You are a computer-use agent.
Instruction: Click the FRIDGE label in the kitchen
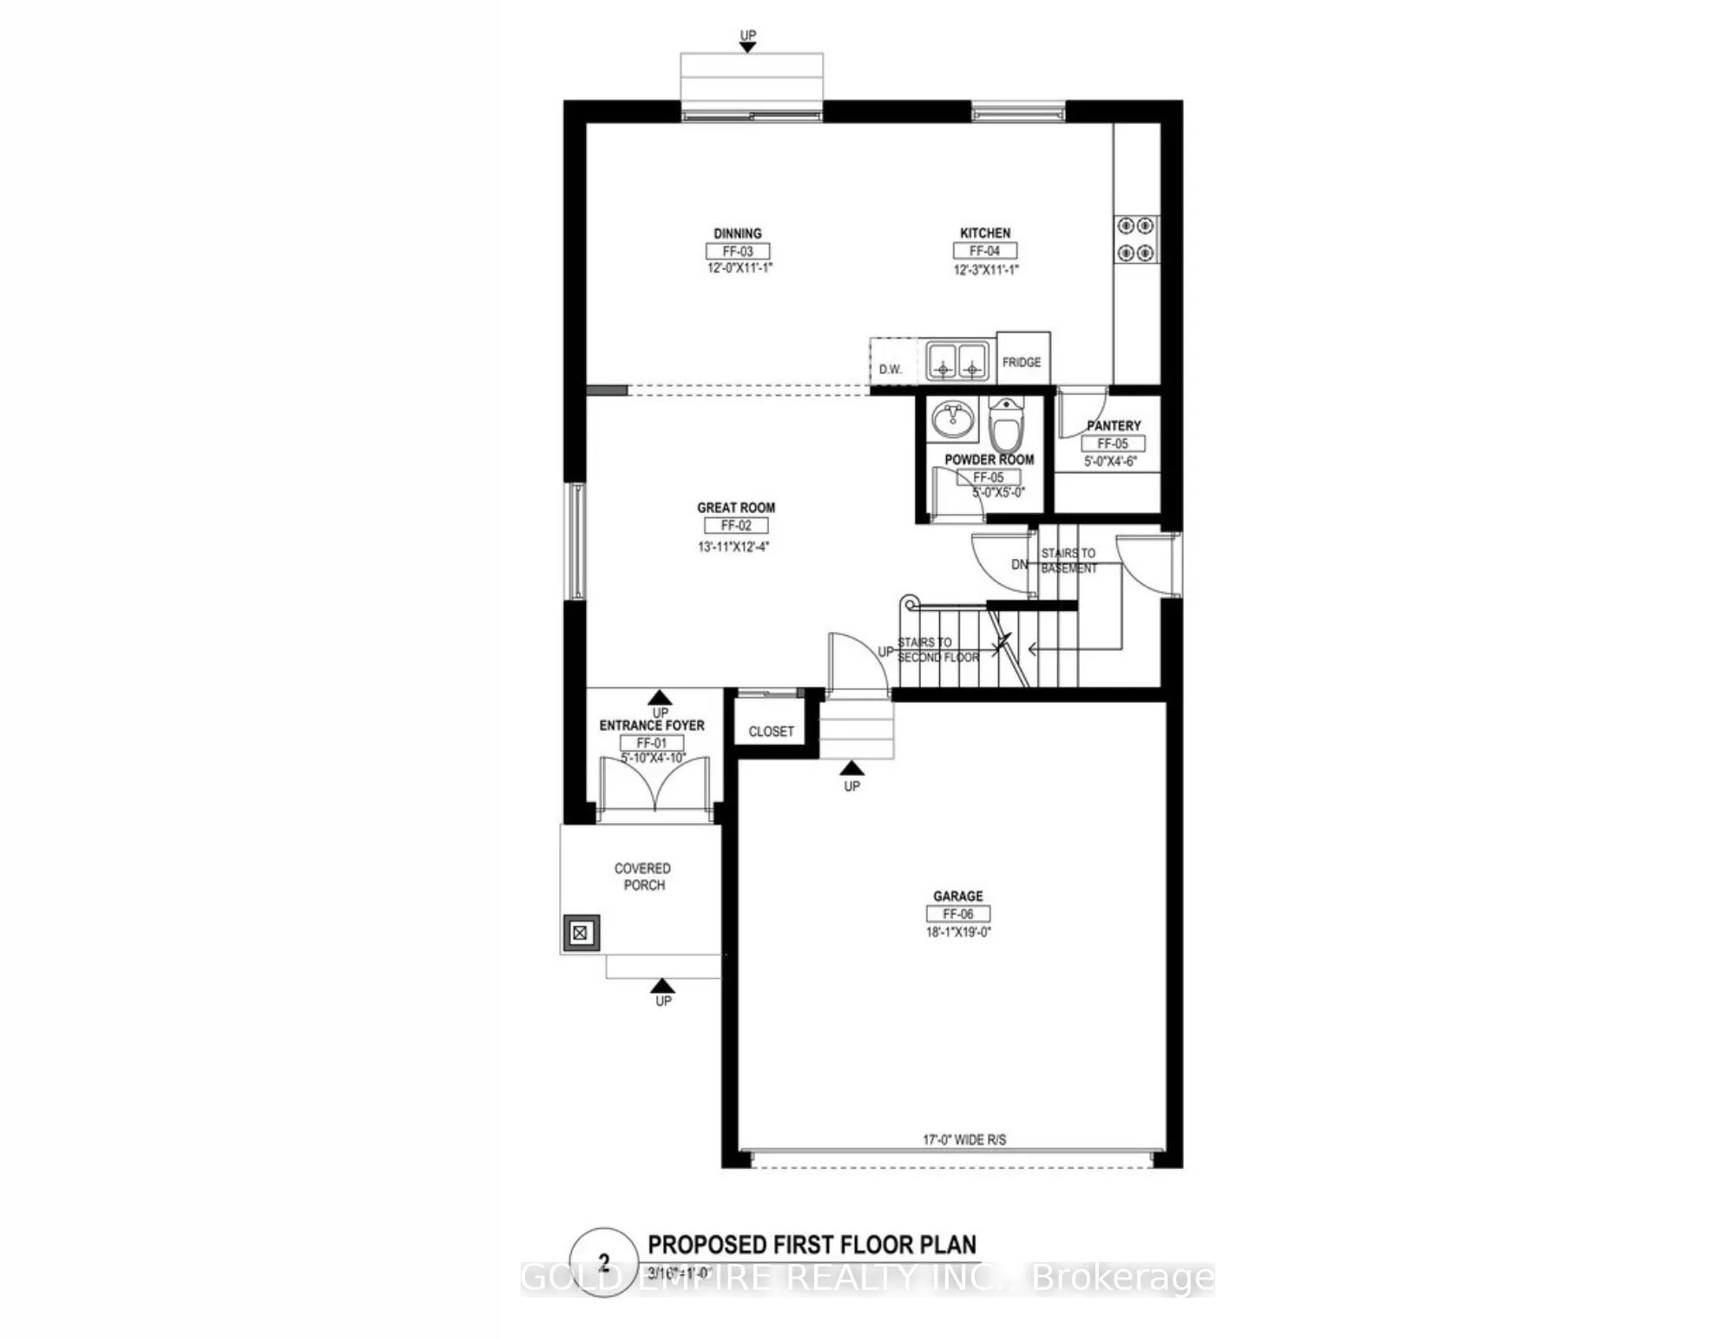click(x=1022, y=362)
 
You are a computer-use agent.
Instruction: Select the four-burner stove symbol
click(x=1136, y=240)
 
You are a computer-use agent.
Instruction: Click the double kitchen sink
click(x=957, y=360)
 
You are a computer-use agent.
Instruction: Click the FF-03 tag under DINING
click(x=738, y=252)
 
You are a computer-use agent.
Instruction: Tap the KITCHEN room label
click(x=985, y=233)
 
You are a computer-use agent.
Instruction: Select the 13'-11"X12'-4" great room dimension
click(x=733, y=547)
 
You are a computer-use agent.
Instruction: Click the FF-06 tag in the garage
click(x=958, y=914)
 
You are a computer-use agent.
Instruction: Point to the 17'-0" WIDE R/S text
click(x=964, y=1140)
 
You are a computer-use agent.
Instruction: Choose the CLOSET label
click(x=771, y=732)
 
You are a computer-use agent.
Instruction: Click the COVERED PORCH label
click(x=643, y=877)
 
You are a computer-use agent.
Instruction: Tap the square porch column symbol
click(x=580, y=934)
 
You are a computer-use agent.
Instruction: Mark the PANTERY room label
click(x=1114, y=425)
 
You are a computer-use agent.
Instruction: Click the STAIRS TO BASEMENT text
click(x=1069, y=561)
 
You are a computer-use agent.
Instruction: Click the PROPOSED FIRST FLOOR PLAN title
click(x=812, y=1245)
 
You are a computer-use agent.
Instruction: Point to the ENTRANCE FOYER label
click(x=652, y=726)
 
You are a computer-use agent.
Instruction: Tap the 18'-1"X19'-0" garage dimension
click(x=958, y=932)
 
